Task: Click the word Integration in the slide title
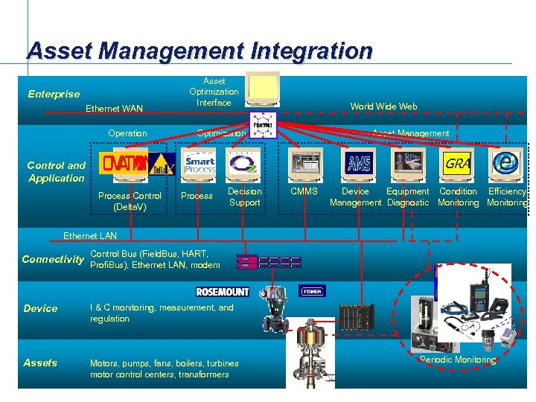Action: [x=312, y=51]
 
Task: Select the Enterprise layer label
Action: [x=54, y=94]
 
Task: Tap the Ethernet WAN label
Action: [x=114, y=109]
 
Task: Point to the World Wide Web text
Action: [x=383, y=106]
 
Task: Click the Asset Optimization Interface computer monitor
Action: [x=264, y=89]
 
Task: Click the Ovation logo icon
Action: [x=124, y=163]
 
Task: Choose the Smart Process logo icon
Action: [x=200, y=163]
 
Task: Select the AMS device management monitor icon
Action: [x=359, y=163]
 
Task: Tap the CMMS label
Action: [x=303, y=192]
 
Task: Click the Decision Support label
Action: [x=244, y=197]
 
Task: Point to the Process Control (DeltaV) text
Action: [x=130, y=201]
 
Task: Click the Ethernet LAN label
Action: [x=90, y=236]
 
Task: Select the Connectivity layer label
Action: [x=53, y=259]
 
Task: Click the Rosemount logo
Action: [x=222, y=291]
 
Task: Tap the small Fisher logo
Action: [x=312, y=291]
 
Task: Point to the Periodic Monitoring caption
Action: [x=457, y=360]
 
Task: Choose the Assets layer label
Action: [x=40, y=363]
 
